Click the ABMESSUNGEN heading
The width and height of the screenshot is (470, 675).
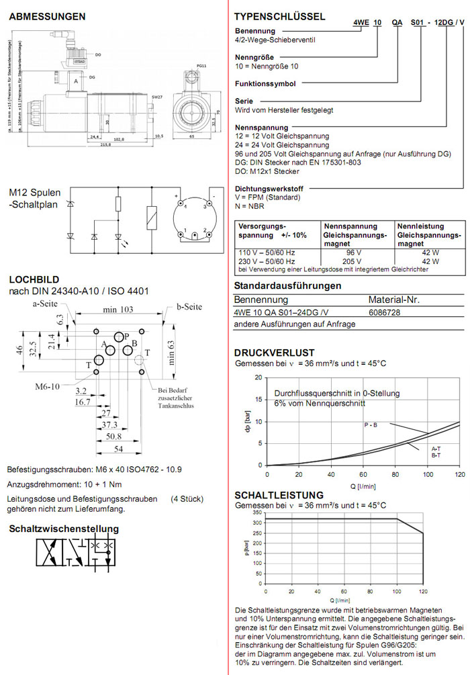(x=47, y=15)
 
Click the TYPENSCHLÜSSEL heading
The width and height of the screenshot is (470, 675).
(x=279, y=17)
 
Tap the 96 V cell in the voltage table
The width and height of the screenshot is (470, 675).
(x=349, y=252)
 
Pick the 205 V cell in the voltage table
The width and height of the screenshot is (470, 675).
(x=349, y=261)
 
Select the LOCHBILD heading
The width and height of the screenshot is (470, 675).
(x=34, y=279)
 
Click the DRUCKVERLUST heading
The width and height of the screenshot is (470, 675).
(x=274, y=353)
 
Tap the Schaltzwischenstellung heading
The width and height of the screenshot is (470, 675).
(x=64, y=529)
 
